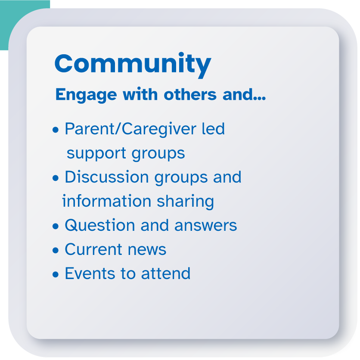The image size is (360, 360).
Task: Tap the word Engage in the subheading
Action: [86, 95]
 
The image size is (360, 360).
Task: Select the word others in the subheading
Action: [190, 94]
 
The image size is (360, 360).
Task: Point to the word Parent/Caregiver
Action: [130, 129]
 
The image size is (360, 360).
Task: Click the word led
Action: [213, 129]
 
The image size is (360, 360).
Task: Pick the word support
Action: [96, 154]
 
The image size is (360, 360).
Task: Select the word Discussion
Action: [107, 177]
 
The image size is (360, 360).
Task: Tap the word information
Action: [106, 201]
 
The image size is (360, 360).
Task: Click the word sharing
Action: [185, 202]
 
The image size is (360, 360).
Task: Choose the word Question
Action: [100, 225]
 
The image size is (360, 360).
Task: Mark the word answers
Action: [206, 226]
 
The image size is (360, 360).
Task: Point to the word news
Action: [147, 250]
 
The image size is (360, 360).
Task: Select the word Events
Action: [90, 273]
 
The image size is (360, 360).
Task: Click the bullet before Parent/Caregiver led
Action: [56, 130]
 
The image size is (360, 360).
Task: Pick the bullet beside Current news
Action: [56, 250]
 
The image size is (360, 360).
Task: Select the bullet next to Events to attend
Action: [56, 274]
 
